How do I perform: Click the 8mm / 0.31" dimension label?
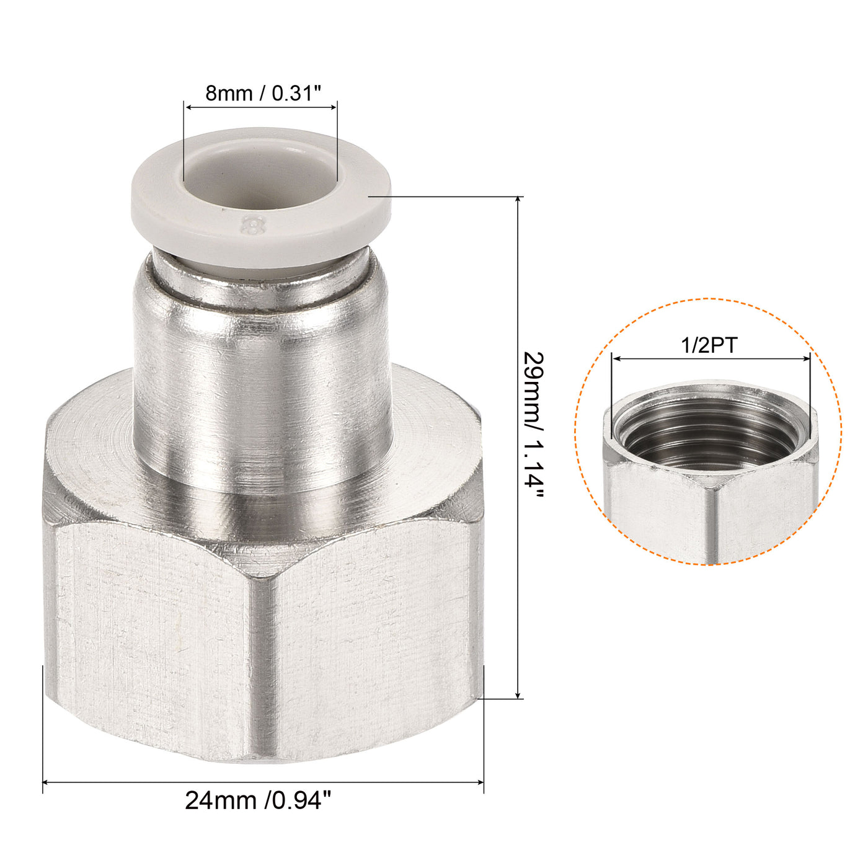263,94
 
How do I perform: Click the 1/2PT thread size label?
709,345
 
